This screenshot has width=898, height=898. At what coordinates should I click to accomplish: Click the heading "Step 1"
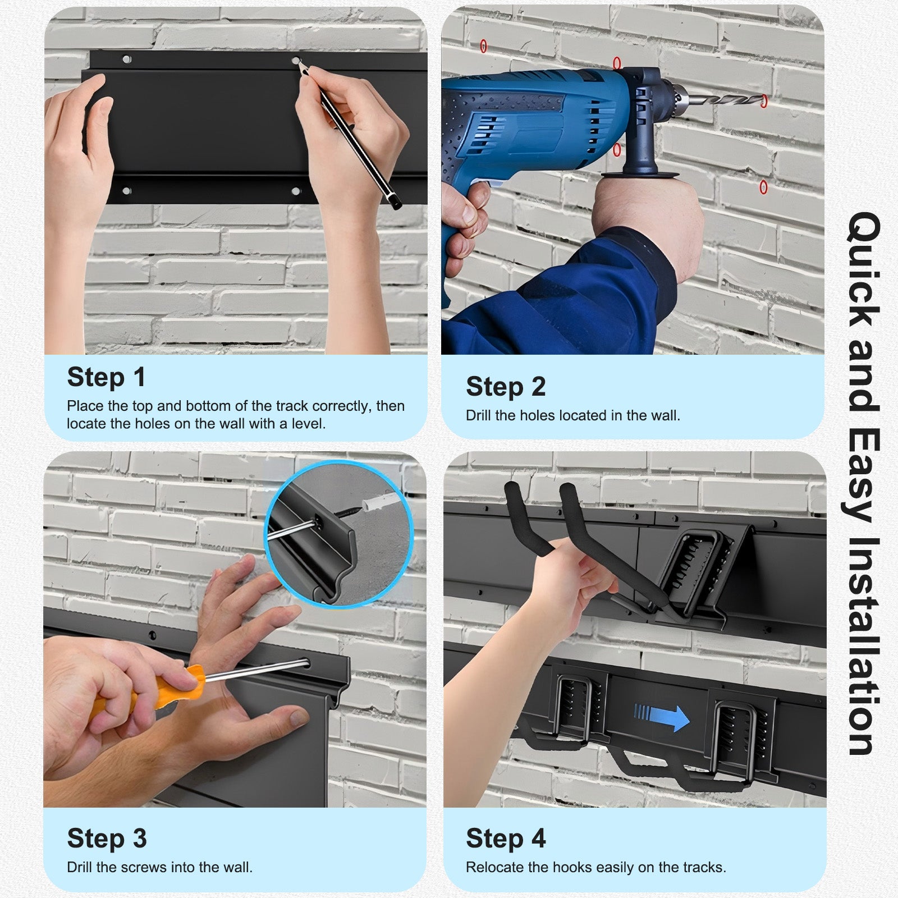pyautogui.click(x=106, y=377)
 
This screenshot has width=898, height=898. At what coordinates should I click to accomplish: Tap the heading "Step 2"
pyautogui.click(x=506, y=387)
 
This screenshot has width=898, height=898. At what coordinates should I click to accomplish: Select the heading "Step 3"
pyautogui.click(x=107, y=839)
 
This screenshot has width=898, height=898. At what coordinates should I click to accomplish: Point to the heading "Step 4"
pyautogui.click(x=506, y=839)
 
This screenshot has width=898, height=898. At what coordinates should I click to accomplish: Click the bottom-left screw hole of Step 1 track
pyautogui.click(x=127, y=191)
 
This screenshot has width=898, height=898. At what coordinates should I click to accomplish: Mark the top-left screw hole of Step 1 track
pyautogui.click(x=127, y=59)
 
